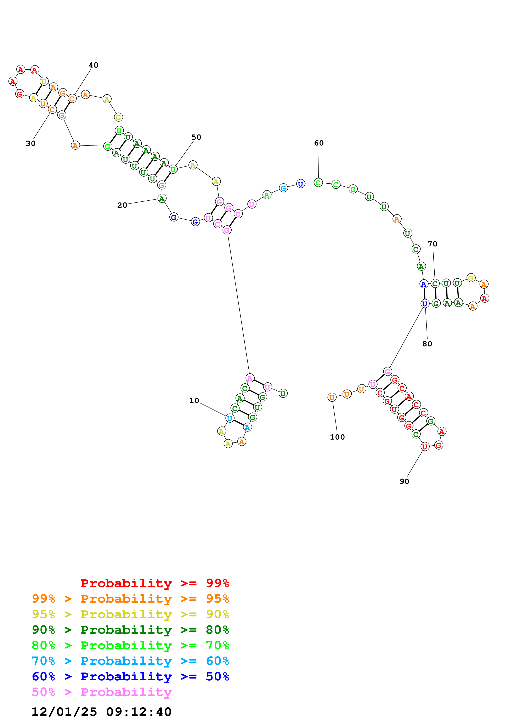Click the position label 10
click(x=194, y=401)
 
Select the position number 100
click(x=337, y=437)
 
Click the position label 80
click(x=427, y=344)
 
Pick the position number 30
click(x=31, y=143)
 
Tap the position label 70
click(x=433, y=244)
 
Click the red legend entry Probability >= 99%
click(x=155, y=583)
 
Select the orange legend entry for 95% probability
click(x=130, y=599)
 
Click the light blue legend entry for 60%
click(x=130, y=661)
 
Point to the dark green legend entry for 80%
click(x=130, y=630)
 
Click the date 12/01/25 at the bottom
click(x=64, y=711)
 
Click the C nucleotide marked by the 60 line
click(x=318, y=183)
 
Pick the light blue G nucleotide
click(x=283, y=188)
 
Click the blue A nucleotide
click(x=424, y=284)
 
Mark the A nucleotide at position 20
click(x=162, y=199)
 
